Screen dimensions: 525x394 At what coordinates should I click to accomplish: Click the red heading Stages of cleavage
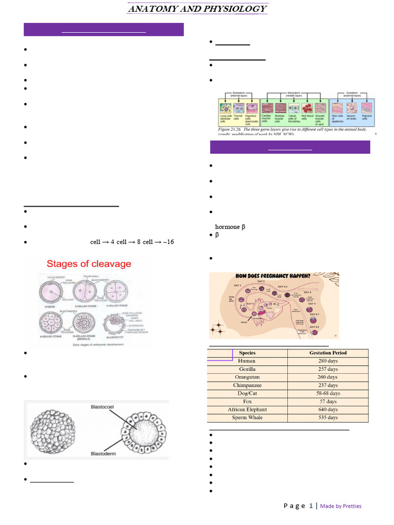click(x=89, y=265)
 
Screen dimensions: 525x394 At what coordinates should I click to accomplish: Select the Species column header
click(x=247, y=353)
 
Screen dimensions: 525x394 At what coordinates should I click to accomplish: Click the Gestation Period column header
click(x=328, y=353)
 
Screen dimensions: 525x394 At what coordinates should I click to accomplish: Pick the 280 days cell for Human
click(x=328, y=361)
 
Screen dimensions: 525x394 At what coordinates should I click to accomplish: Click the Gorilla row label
click(x=247, y=369)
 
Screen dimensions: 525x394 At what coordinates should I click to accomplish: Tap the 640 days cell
click(x=328, y=410)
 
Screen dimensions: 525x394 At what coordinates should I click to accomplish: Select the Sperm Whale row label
click(x=247, y=418)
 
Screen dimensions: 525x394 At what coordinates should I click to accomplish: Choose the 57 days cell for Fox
click(x=328, y=401)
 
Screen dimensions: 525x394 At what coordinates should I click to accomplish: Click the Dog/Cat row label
click(x=247, y=393)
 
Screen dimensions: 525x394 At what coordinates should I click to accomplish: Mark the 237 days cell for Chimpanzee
click(x=328, y=385)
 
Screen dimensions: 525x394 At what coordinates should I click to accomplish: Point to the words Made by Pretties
click(x=341, y=506)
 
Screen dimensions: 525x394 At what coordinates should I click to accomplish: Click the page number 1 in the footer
click(x=311, y=506)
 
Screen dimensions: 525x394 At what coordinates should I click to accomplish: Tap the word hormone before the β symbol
click(x=227, y=227)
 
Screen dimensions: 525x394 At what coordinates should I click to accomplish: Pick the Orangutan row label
click(x=247, y=377)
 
